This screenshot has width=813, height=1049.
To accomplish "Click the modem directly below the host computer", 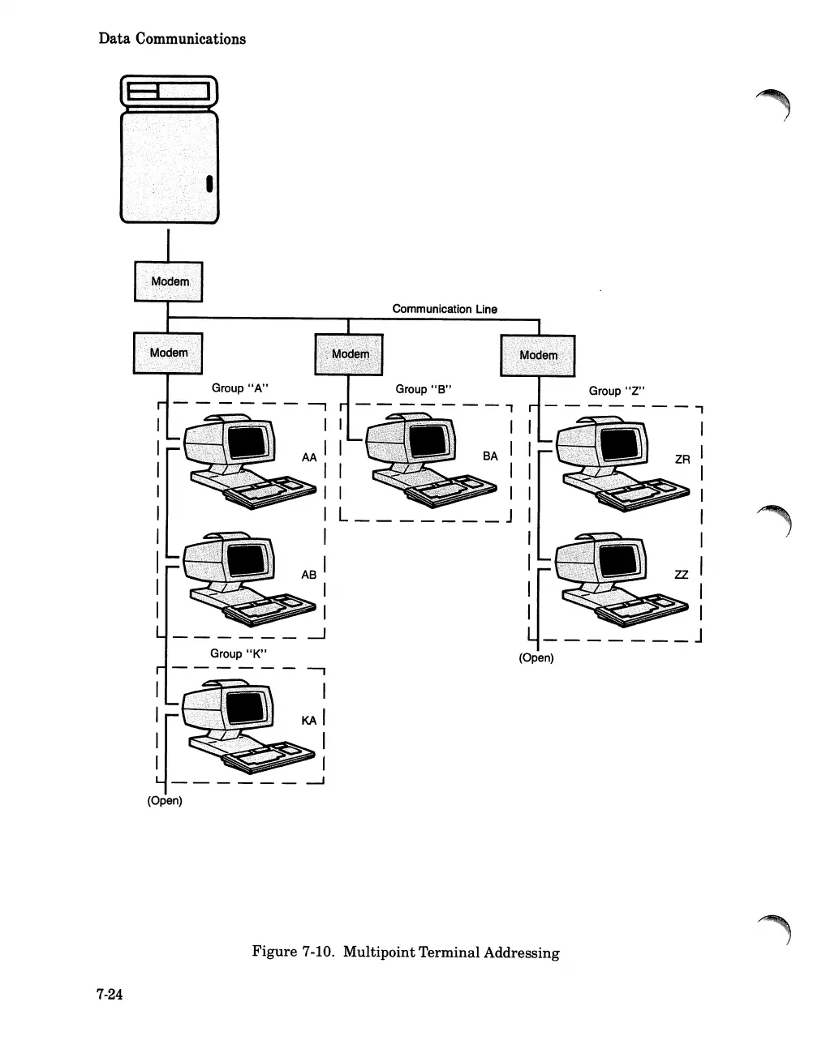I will [169, 281].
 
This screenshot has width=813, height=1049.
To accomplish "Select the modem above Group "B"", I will [349, 354].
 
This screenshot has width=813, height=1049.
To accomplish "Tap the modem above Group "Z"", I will [537, 355].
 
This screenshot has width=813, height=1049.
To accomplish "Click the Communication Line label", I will [445, 309].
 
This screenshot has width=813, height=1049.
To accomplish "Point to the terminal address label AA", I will [309, 457].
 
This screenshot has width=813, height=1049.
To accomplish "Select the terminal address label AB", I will [309, 574].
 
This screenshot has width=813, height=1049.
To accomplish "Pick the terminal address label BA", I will [490, 456].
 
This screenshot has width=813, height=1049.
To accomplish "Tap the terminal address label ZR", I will [682, 459].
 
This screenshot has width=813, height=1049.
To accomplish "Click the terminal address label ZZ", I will [682, 574].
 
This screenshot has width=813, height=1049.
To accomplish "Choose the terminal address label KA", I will [309, 720].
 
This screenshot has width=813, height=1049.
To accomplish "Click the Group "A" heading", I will [240, 388].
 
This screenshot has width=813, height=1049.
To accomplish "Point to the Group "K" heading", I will [239, 653].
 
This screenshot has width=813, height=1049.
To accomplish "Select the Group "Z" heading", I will [617, 391].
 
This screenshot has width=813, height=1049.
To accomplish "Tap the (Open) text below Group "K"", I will [165, 801].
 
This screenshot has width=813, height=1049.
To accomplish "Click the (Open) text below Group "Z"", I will [536, 657].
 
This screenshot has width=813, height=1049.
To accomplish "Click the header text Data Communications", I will [172, 38].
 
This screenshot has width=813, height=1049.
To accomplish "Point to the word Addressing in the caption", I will [522, 952].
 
